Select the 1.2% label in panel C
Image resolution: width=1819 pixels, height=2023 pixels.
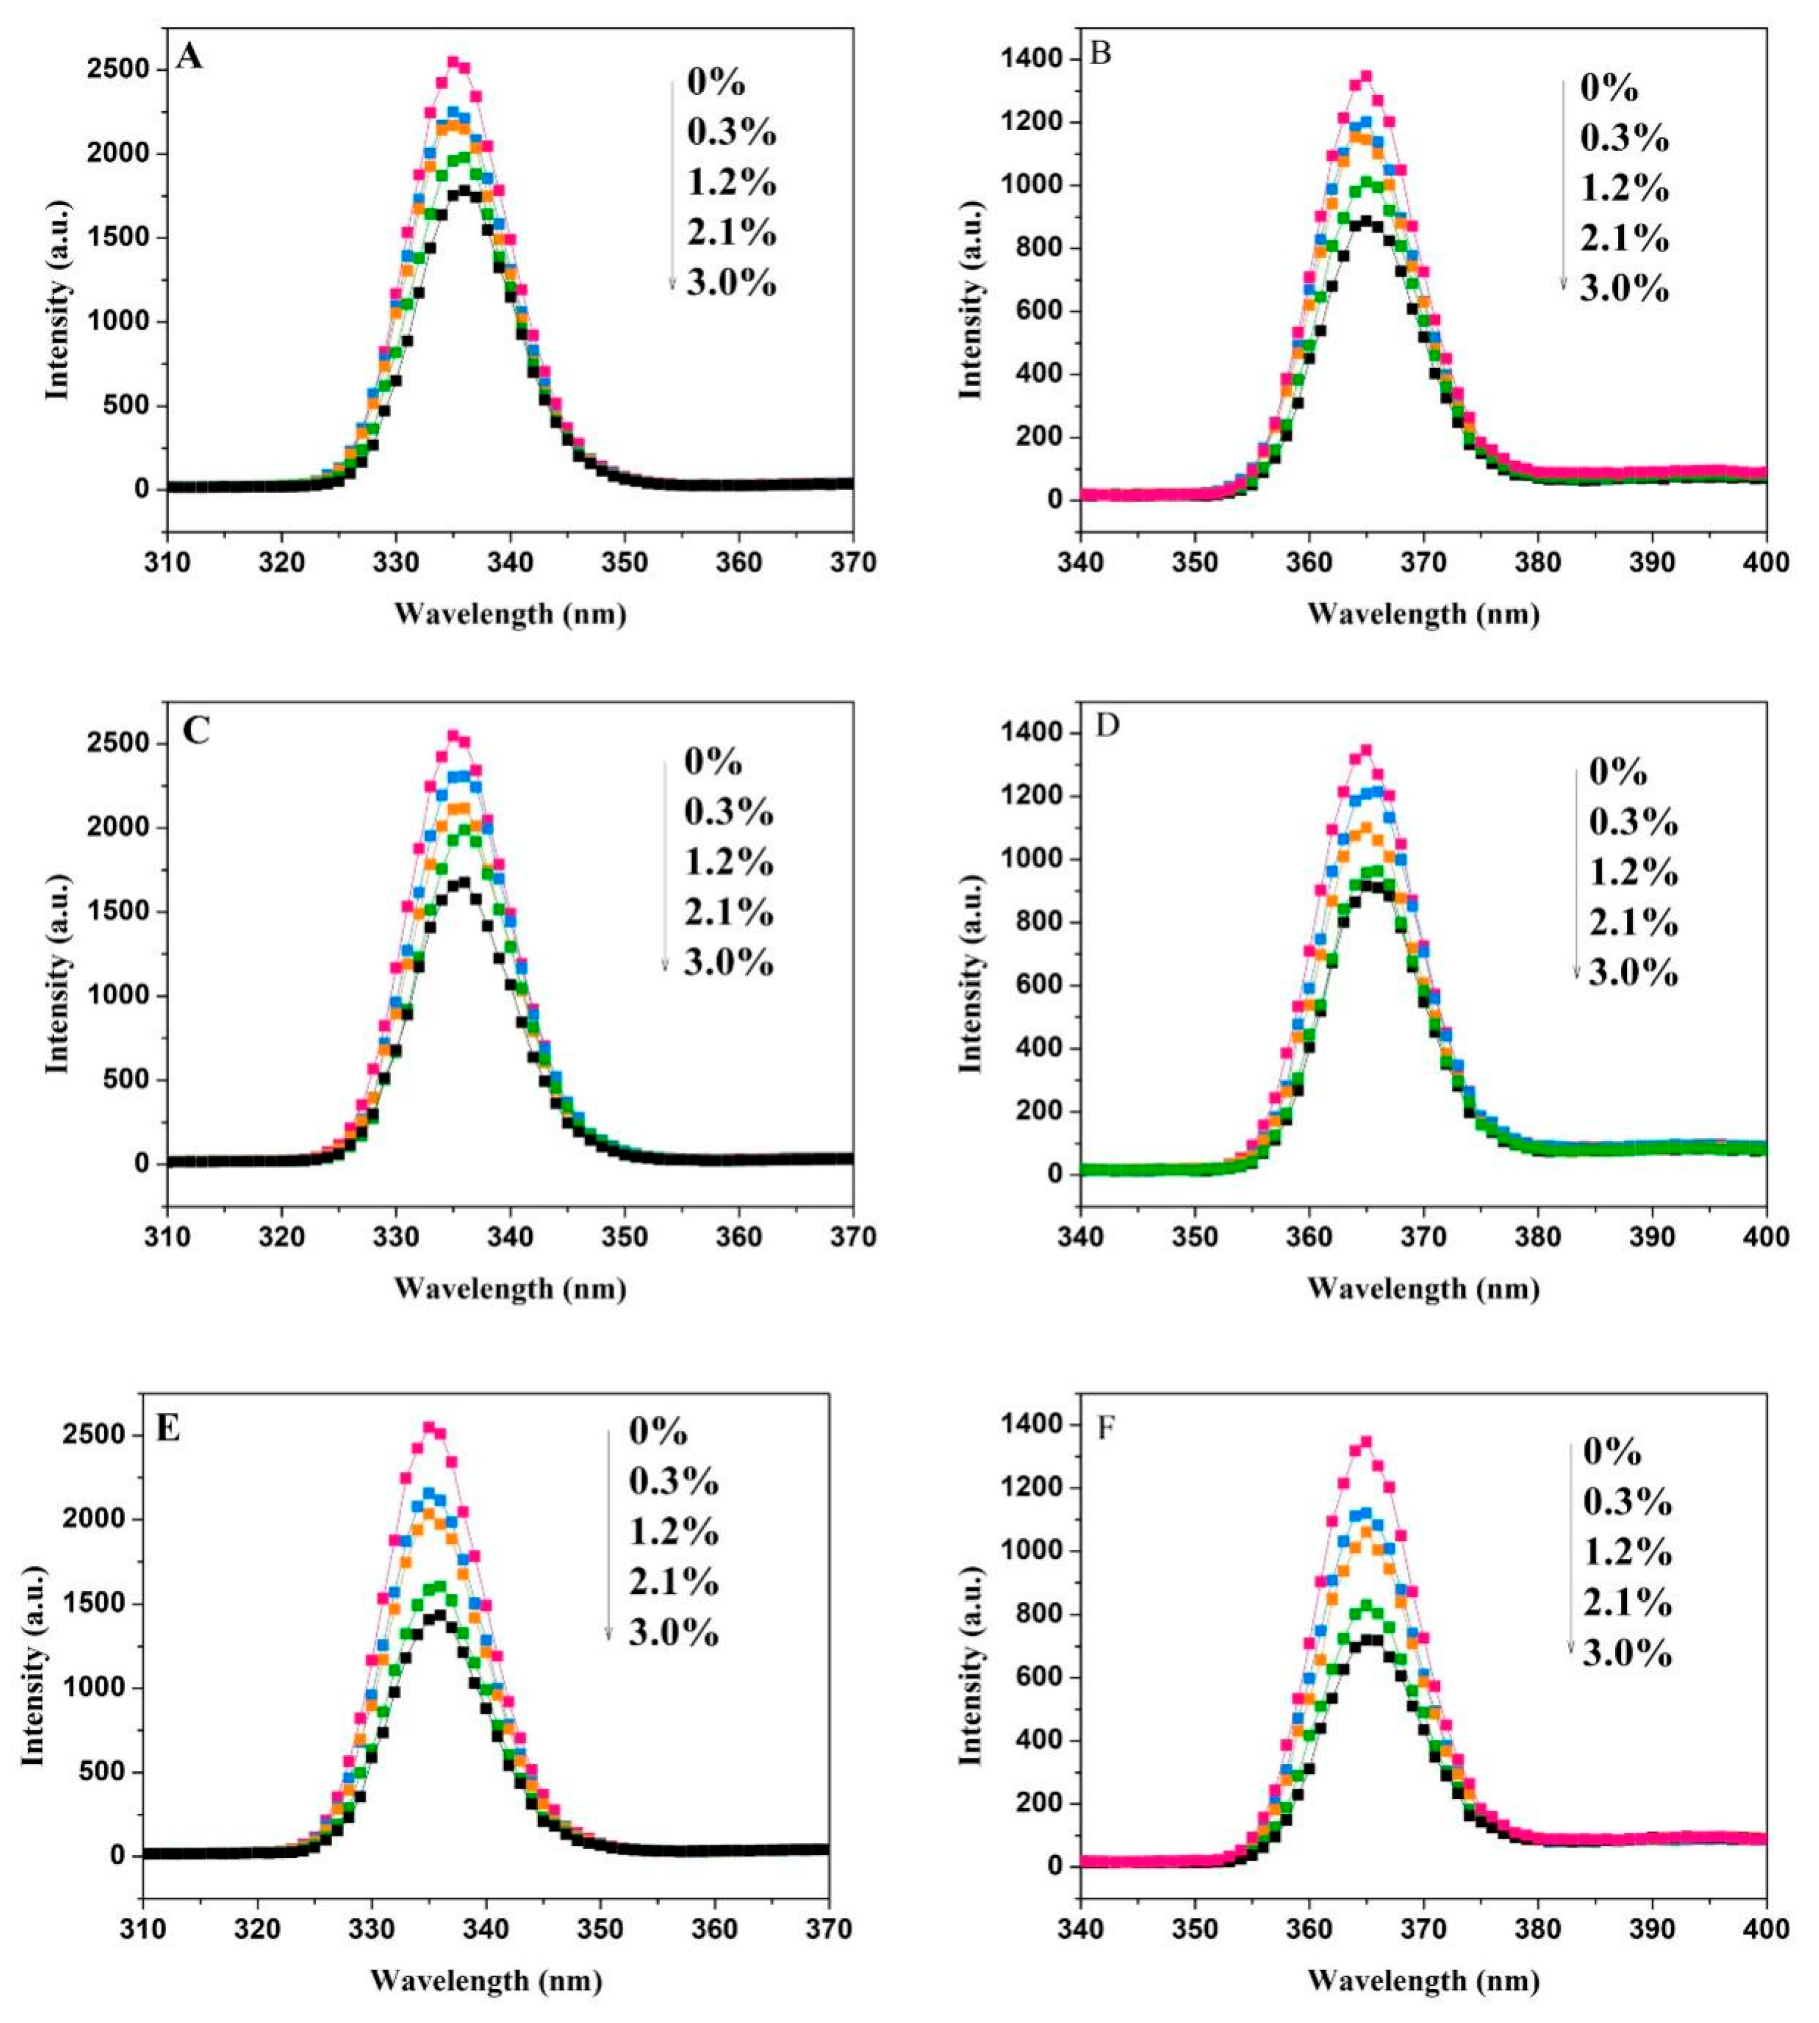[729, 862]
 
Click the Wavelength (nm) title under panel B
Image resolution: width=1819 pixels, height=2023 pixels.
[1423, 613]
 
